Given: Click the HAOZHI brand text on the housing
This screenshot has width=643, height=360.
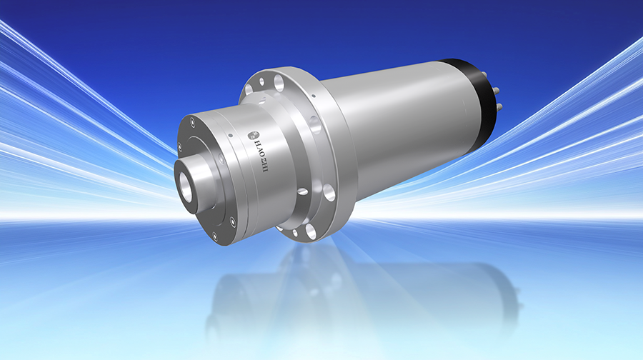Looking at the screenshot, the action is [260, 156].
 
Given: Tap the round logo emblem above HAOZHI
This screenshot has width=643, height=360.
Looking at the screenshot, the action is [253, 134].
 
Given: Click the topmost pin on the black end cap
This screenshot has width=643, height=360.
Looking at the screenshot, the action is [487, 74].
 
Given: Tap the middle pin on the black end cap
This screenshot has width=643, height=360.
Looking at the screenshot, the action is [497, 89].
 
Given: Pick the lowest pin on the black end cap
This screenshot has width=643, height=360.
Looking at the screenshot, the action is [499, 106].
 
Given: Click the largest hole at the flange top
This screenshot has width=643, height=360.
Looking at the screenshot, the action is [279, 84].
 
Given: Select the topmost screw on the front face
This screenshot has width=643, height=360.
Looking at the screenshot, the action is [192, 121].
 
